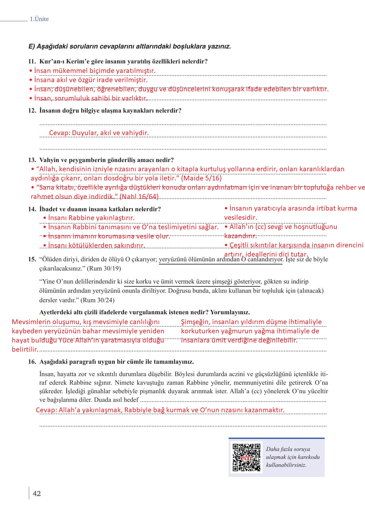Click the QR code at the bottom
click(246, 457)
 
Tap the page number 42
click(37, 493)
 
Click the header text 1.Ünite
click(39, 19)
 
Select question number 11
click(32, 62)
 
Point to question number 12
click(32, 111)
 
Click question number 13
click(32, 160)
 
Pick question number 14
click(32, 209)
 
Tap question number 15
click(32, 259)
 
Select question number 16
click(32, 362)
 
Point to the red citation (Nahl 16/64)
click(139, 197)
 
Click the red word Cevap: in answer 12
click(60, 133)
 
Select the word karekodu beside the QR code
click(309, 457)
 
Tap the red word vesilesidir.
click(240, 218)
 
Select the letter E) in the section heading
click(31, 47)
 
